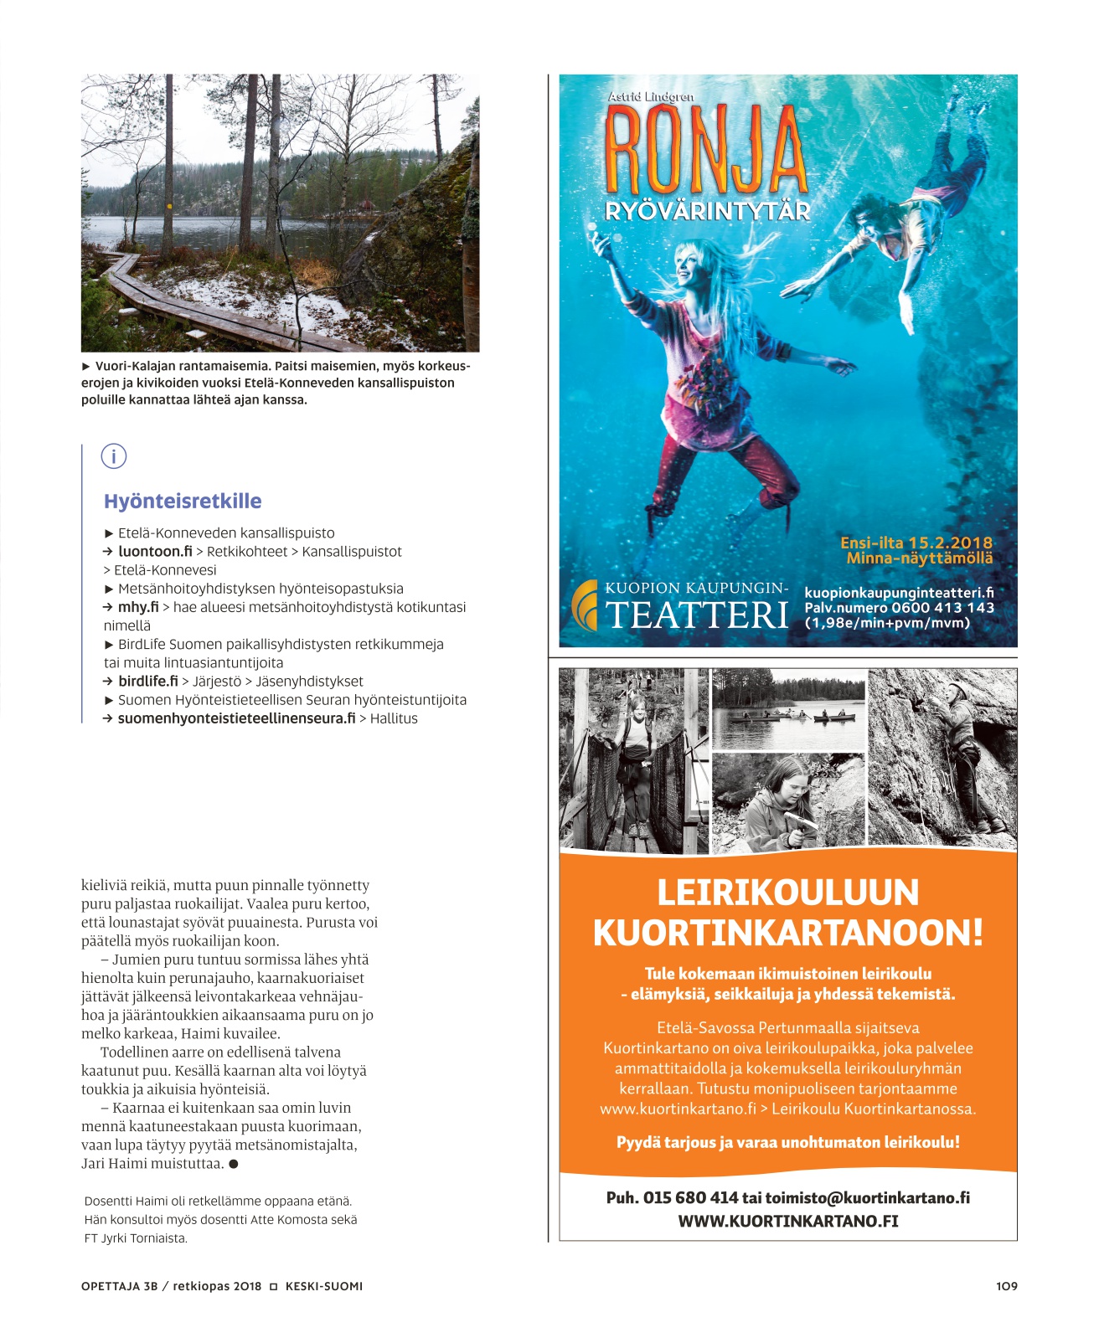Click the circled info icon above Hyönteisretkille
click(113, 456)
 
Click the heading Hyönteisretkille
click(183, 501)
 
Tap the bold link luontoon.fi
click(155, 552)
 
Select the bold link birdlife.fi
click(148, 682)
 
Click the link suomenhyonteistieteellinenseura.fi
click(236, 718)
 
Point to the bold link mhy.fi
click(138, 607)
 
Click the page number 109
click(1006, 1286)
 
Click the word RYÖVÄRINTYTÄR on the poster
click(708, 211)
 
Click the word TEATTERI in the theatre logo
click(697, 615)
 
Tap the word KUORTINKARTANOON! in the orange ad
click(787, 933)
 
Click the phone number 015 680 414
click(690, 1197)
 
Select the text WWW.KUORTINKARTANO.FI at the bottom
click(787, 1221)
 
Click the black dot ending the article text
click(234, 1164)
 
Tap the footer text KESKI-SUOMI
click(323, 1286)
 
